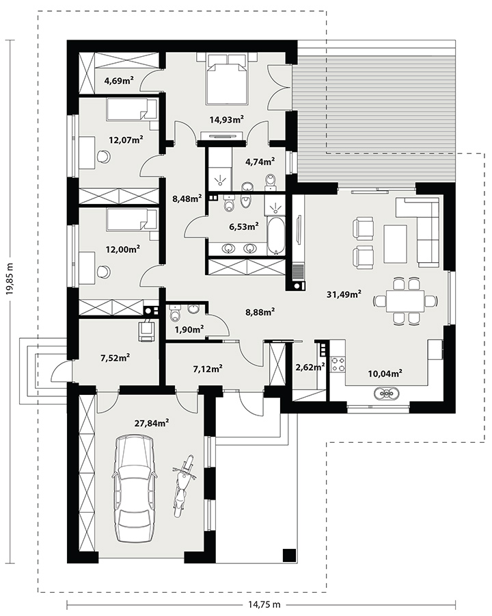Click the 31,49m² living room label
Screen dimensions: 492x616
coord(344,294)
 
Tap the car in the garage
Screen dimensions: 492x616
coord(134,487)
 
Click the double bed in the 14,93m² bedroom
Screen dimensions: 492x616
coord(227,79)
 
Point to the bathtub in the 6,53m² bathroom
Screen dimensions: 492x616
coord(275,235)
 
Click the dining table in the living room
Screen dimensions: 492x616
coord(405,301)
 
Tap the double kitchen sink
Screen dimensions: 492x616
coord(387,393)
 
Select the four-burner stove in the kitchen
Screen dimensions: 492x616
coord(338,364)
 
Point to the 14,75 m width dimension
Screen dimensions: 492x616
coord(264,604)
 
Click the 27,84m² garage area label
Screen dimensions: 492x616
coord(152,423)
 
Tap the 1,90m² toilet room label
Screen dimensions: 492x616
coord(189,329)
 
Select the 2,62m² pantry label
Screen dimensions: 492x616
coord(310,367)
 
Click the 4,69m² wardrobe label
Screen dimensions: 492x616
coord(119,81)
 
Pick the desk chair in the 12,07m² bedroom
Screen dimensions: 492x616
coord(104,156)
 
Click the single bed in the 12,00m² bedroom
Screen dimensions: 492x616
coord(132,220)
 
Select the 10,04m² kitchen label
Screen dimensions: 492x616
coord(385,373)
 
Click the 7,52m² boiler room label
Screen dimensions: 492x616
coord(115,357)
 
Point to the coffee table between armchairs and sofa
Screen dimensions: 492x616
coord(396,244)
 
